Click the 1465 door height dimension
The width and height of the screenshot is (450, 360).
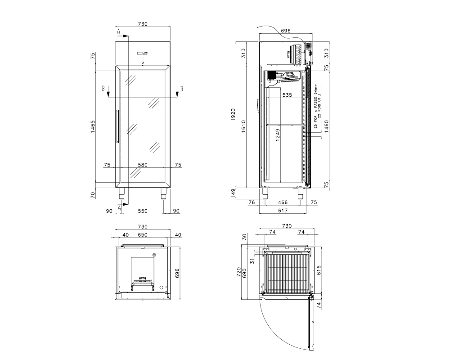click(x=93, y=126)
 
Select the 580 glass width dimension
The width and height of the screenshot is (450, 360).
click(x=143, y=165)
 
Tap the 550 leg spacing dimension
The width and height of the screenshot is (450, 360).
click(x=143, y=211)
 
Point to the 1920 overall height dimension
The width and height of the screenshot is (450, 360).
click(x=233, y=115)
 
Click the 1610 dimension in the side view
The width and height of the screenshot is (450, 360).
click(x=243, y=126)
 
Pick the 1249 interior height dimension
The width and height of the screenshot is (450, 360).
click(x=278, y=135)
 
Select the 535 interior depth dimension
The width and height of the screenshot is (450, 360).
click(x=287, y=95)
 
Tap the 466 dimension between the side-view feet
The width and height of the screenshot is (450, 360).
click(x=283, y=202)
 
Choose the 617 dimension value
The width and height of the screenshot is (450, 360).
click(x=283, y=211)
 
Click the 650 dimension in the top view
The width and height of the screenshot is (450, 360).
click(x=143, y=235)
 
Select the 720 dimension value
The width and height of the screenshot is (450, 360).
click(x=239, y=272)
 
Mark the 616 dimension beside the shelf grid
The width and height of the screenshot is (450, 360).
click(x=319, y=270)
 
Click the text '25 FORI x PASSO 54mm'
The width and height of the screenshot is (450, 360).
click(x=316, y=106)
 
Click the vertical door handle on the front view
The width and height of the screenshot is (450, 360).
click(x=117, y=126)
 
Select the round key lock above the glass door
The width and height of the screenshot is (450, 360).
click(x=143, y=63)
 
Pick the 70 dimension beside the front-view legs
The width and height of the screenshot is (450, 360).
click(x=93, y=195)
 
